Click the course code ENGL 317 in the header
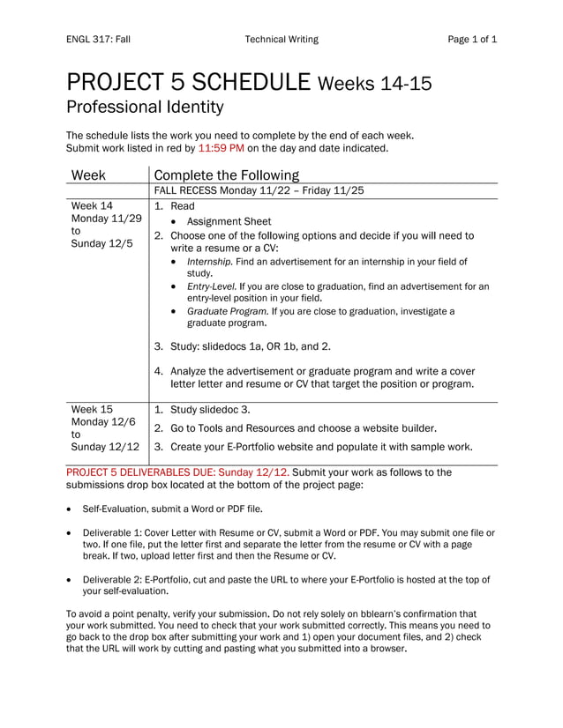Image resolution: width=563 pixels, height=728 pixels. click(x=88, y=40)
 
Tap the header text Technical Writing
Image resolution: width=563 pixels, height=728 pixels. click(x=281, y=40)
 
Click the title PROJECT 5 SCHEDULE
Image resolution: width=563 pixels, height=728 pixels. click(x=189, y=85)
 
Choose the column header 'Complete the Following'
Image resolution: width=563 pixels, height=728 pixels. click(x=227, y=175)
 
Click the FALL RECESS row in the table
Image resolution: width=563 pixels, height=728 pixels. click(x=259, y=189)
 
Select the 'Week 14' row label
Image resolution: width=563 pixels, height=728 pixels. click(x=91, y=205)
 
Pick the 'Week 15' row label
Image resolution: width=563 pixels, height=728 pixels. click(x=92, y=410)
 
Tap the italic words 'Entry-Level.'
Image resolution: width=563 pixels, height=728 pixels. click(x=211, y=286)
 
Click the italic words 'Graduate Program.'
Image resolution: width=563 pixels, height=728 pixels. click(x=228, y=311)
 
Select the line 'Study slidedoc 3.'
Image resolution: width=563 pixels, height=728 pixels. click(x=210, y=410)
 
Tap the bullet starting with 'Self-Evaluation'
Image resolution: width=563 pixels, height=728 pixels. click(x=172, y=509)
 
